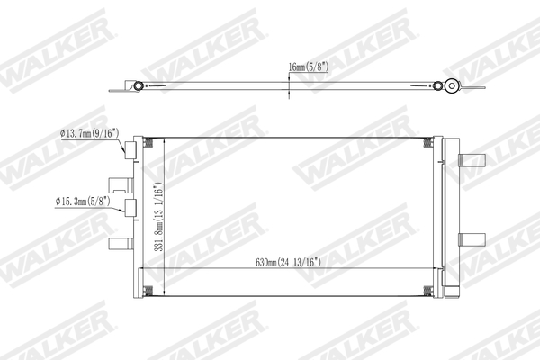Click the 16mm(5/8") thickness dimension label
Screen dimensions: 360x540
pyautogui.click(x=308, y=67)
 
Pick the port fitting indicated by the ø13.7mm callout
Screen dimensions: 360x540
pyautogui.click(x=131, y=148)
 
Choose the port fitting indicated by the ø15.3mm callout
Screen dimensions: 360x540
pyautogui.click(x=131, y=209)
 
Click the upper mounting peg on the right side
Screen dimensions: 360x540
pyautogui.click(x=470, y=161)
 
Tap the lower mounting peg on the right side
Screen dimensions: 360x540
pyautogui.click(x=470, y=239)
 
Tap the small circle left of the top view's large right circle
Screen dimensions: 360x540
pyautogui.click(x=437, y=86)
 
